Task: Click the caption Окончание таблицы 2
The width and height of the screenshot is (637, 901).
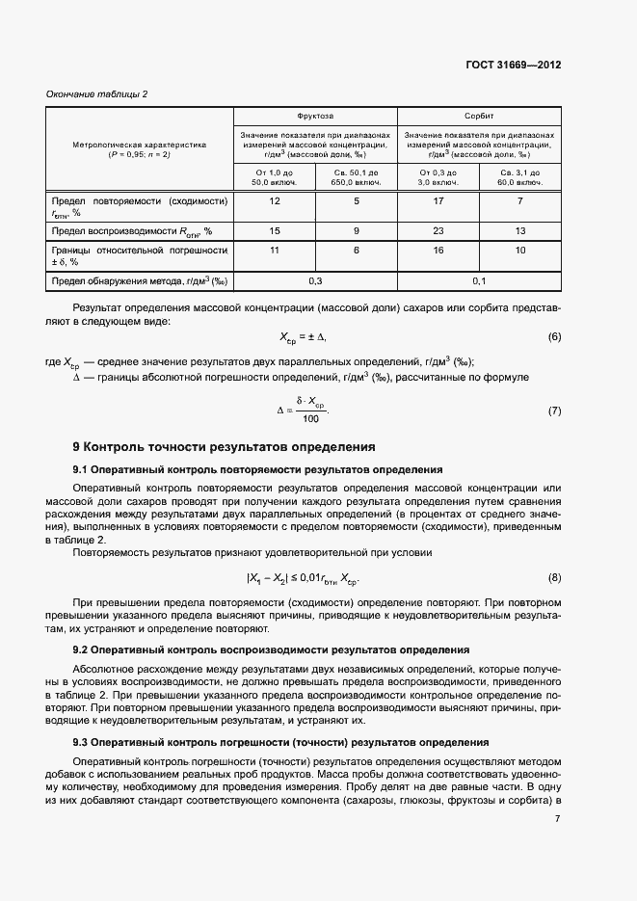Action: click(x=97, y=93)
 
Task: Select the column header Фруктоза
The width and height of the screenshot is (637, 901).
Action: click(x=315, y=115)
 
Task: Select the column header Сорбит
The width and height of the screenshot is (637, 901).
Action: click(x=479, y=115)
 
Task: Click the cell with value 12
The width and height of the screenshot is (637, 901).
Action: click(x=275, y=200)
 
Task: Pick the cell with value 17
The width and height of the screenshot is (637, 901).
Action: click(x=438, y=200)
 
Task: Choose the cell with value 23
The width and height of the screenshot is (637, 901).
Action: click(x=438, y=231)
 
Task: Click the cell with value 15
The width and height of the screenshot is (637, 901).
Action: click(x=275, y=231)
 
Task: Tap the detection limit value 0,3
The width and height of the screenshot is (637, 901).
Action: click(x=315, y=280)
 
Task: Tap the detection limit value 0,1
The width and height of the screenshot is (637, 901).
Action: click(x=479, y=280)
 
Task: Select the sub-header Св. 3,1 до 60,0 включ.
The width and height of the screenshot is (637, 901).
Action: click(x=520, y=176)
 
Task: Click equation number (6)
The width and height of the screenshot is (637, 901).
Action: click(x=554, y=337)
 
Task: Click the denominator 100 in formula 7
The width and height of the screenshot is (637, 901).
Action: click(x=310, y=418)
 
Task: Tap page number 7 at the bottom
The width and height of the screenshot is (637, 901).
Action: click(x=558, y=819)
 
